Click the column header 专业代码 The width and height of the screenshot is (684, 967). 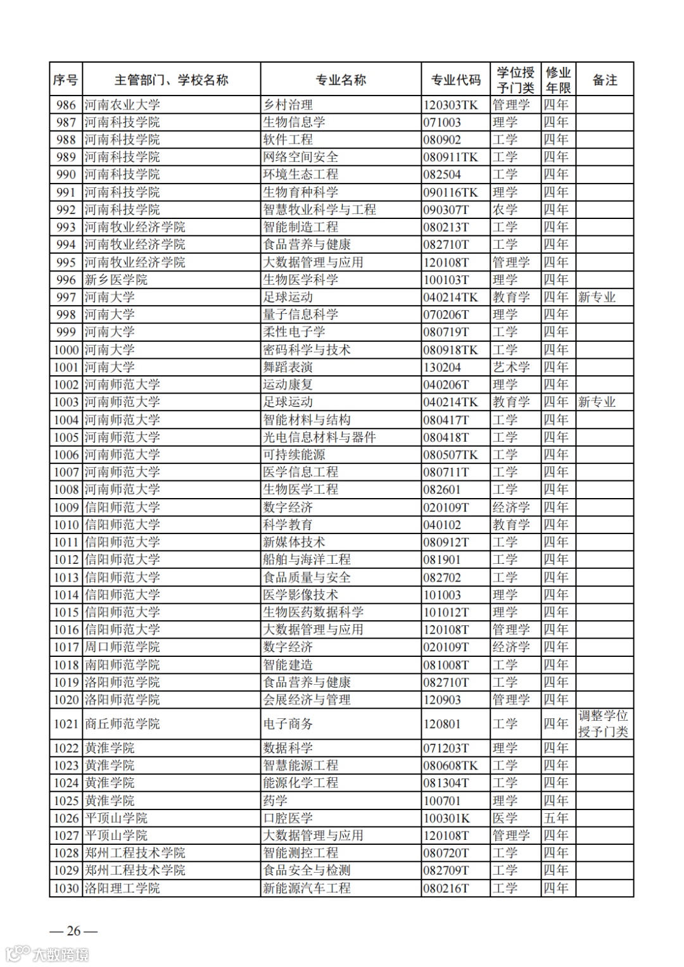pos(455,80)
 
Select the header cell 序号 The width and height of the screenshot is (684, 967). pos(65,80)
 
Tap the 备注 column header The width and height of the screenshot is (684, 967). pos(604,80)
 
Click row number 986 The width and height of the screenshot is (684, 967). pos(66,105)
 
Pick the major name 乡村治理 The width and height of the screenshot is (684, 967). pos(288,105)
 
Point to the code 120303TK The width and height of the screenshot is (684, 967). pos(450,105)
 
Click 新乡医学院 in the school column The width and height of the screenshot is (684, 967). pos(116,280)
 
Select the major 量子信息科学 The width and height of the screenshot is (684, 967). pos(301,315)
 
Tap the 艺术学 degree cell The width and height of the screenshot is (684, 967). pos(511,367)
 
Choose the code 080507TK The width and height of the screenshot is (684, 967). pos(450,454)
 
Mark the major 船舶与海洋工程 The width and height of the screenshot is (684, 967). pos(307,559)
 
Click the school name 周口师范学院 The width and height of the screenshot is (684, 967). pos(122,647)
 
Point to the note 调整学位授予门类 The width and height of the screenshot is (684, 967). pos(603,723)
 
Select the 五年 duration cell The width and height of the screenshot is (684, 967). pos(555,818)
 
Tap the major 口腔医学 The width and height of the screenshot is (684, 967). pos(288,818)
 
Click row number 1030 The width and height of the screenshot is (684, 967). pos(66,888)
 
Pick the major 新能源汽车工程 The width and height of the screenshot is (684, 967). pos(307,888)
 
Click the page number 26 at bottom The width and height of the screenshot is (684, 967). pos(74,930)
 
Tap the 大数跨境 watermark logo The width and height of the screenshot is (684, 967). pos(47,954)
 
